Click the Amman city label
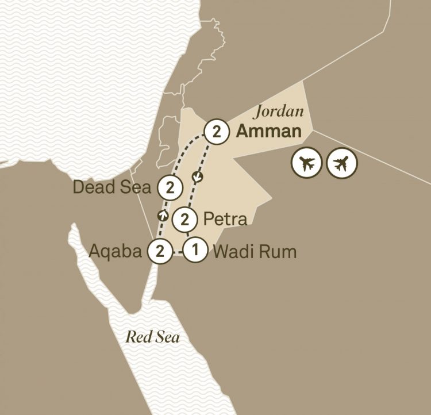pos(269,132)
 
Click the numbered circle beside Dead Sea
pos(170,187)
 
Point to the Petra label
pos(225,219)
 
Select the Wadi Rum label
pos(255,251)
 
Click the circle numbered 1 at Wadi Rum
pos(195,251)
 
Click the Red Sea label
pos(153,337)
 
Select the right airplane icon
pos(341,164)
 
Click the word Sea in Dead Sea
pos(138,187)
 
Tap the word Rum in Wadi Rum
pos(281,251)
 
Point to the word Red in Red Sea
pos(137,337)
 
